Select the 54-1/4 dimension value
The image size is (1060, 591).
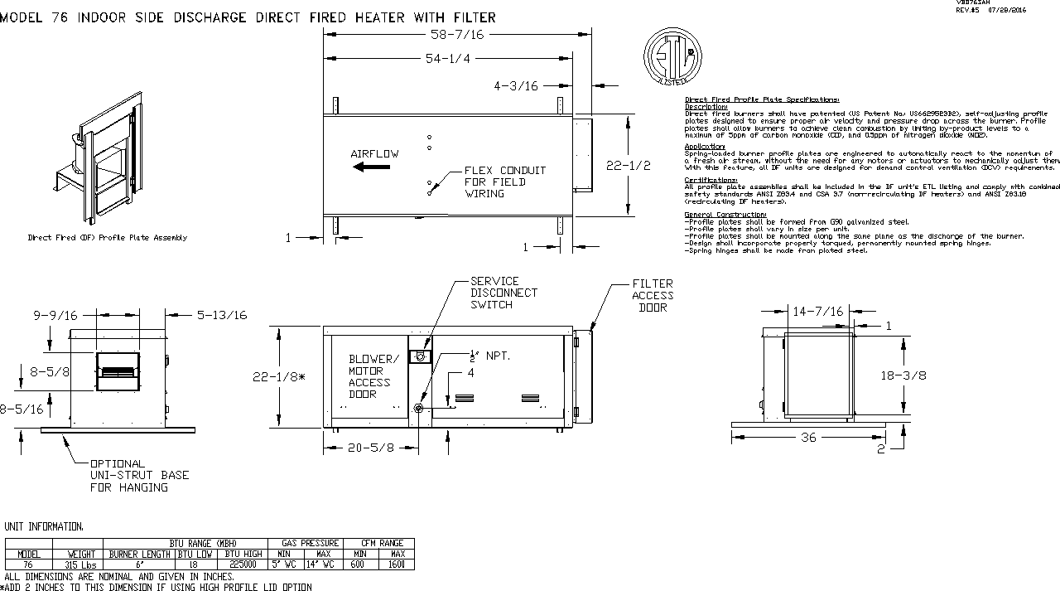(447, 59)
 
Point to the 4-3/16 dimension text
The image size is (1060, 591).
(516, 85)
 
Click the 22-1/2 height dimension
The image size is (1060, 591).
(629, 166)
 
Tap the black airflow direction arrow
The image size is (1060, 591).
(371, 167)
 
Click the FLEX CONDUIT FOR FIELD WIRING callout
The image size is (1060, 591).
(505, 182)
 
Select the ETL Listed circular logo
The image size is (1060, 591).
(672, 56)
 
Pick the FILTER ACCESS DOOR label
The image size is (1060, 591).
(653, 295)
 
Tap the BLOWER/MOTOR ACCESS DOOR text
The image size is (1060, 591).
(373, 376)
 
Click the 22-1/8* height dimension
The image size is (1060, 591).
(278, 376)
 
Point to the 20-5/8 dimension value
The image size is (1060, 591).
(370, 448)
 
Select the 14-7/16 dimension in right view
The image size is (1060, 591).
(817, 312)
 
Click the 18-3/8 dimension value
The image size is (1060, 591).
(903, 375)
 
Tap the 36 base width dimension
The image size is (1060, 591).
(808, 437)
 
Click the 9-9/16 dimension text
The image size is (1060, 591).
(55, 315)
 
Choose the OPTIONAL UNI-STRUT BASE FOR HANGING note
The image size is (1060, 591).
(139, 476)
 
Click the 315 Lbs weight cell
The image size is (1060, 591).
(81, 564)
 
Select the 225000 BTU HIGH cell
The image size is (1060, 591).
(243, 564)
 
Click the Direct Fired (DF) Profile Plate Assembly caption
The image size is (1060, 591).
(108, 238)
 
